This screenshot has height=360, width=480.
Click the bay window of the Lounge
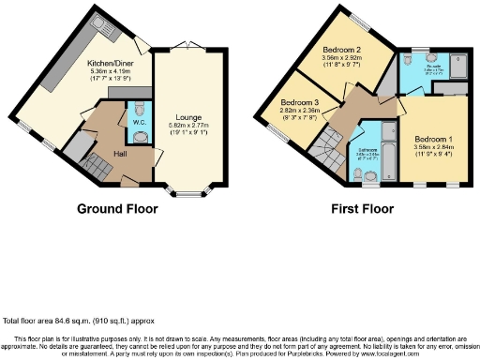tap(191, 193)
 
